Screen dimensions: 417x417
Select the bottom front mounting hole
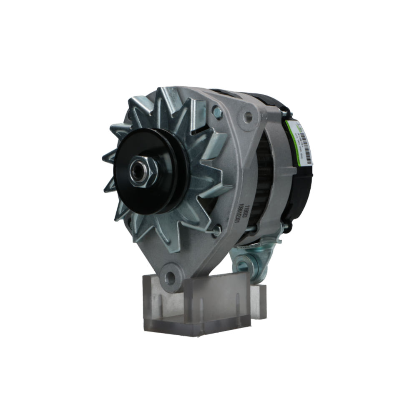pyautogui.click(x=170, y=277)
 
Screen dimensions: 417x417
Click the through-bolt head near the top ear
pyautogui.click(x=217, y=112)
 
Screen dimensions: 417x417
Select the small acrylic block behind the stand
pyautogui.click(x=258, y=300)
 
